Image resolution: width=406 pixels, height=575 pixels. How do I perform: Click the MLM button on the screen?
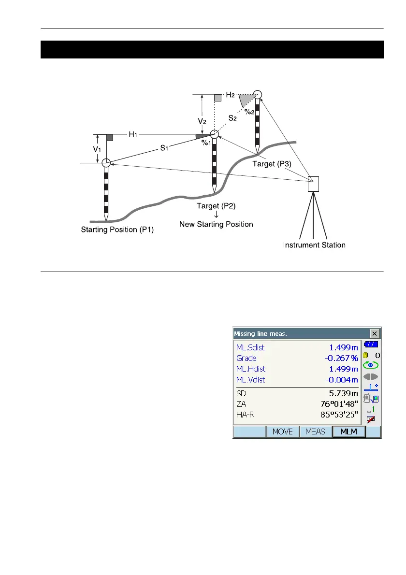coord(348,431)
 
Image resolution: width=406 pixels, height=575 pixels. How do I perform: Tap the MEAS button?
coord(316,431)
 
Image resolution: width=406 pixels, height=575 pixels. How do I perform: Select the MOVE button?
coord(283,431)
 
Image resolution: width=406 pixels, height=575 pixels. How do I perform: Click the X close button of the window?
coord(375,333)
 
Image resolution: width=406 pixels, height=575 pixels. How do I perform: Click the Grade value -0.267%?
coord(340,358)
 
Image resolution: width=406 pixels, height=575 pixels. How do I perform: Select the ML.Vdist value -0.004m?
coord(340,380)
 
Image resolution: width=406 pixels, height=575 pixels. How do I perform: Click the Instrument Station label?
coord(314,245)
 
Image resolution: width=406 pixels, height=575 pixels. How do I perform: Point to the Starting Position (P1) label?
coord(117,230)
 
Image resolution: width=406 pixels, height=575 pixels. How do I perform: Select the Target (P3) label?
coord(272,164)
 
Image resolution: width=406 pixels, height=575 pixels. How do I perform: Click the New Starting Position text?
coord(216,224)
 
